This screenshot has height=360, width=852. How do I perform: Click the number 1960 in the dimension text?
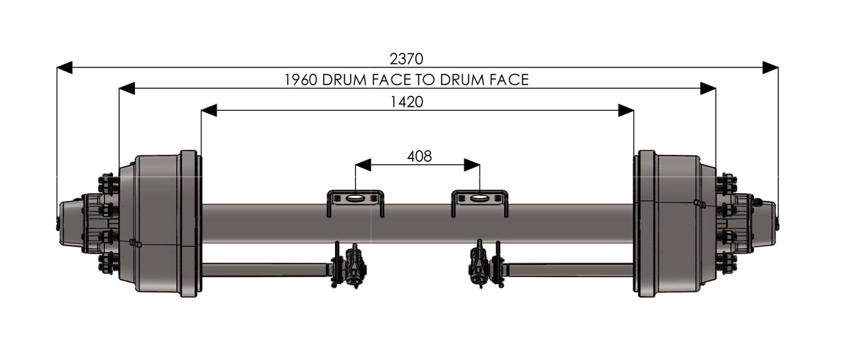pos(300,80)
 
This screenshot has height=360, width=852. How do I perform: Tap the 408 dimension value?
pos(419,156)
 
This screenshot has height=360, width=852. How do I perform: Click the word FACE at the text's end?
pos(509,80)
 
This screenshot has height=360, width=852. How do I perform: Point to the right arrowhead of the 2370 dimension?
pos(770,67)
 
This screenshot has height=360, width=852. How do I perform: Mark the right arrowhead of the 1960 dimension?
pos(707,88)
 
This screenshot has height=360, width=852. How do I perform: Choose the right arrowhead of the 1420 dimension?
pos(626,110)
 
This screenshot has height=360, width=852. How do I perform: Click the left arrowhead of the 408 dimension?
pos(363,165)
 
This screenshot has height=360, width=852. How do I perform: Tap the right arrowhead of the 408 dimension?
pos(472,165)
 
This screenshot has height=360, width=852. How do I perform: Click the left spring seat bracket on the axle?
pos(355,201)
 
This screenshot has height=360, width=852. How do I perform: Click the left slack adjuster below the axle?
pos(352,266)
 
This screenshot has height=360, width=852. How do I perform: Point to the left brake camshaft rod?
pos(266,269)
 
